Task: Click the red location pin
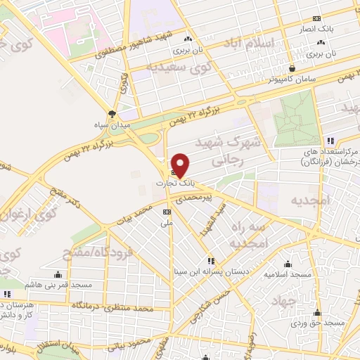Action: (x=181, y=165)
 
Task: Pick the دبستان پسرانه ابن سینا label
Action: (x=210, y=270)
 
